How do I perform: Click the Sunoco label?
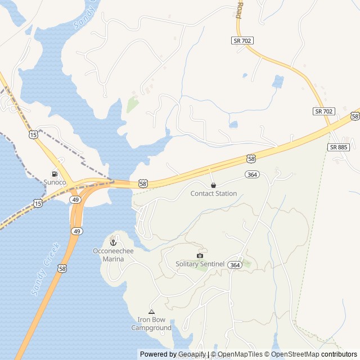click(55, 182)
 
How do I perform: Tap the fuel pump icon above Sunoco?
click(55, 174)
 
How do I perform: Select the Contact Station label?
click(213, 193)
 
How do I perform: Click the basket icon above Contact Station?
click(213, 185)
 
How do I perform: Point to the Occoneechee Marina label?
click(113, 255)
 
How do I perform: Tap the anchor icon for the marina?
click(112, 242)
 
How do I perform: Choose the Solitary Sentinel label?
click(200, 264)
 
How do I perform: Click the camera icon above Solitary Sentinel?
click(200, 255)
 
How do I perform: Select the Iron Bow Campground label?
click(151, 324)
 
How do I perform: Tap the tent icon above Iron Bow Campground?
click(151, 312)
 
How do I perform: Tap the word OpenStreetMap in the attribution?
click(295, 354)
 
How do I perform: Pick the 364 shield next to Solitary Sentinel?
click(235, 265)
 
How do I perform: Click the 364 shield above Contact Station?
click(252, 175)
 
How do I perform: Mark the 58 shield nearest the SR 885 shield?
click(354, 116)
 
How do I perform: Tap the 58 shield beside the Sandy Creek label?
click(60, 269)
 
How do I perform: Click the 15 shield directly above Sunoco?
click(33, 134)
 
